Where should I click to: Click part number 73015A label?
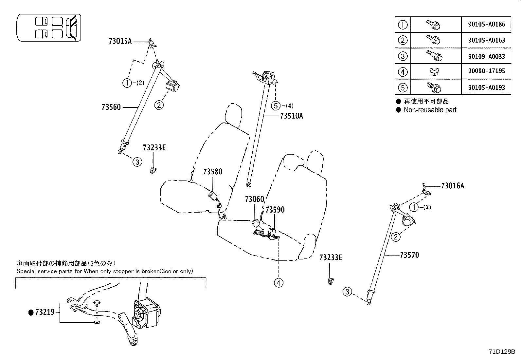click(x=120, y=41)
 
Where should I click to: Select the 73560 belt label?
click(x=111, y=107)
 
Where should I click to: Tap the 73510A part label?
click(x=292, y=116)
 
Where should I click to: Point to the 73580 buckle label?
click(x=213, y=172)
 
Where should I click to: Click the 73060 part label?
click(x=254, y=199)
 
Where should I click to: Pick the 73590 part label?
click(x=275, y=210)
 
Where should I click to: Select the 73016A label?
click(x=452, y=186)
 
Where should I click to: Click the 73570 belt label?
click(x=409, y=255)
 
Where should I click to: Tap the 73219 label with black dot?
click(x=45, y=313)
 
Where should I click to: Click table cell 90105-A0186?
click(x=486, y=24)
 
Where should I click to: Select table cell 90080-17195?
click(x=486, y=71)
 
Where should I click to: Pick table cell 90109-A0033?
click(x=486, y=56)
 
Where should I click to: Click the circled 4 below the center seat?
click(x=278, y=282)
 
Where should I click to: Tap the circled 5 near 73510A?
click(x=276, y=105)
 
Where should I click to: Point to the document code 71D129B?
click(x=502, y=352)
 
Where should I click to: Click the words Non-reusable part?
click(x=430, y=110)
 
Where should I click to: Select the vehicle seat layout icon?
click(x=49, y=28)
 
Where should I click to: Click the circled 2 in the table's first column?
click(x=403, y=41)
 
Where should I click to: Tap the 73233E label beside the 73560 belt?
click(x=154, y=148)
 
